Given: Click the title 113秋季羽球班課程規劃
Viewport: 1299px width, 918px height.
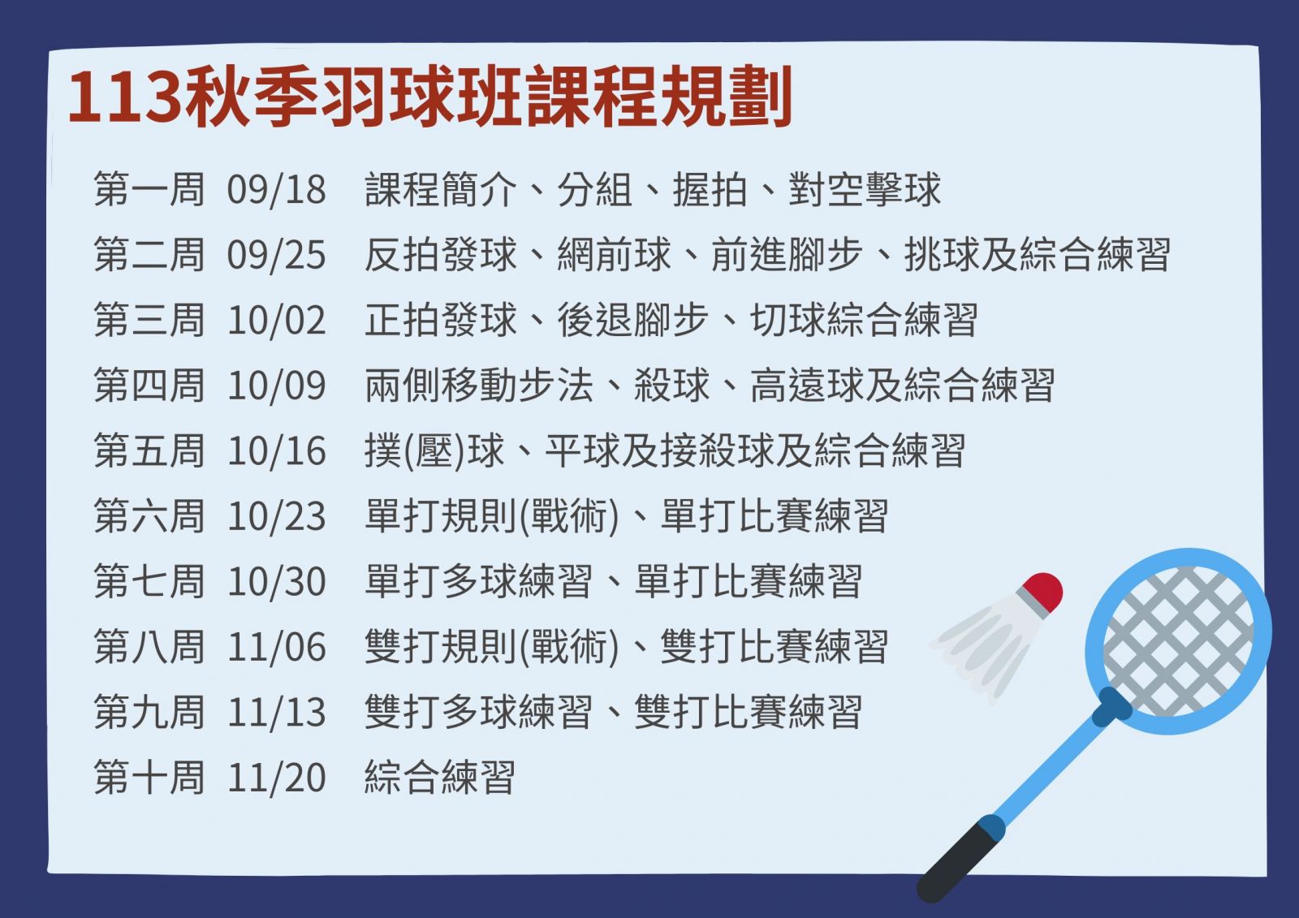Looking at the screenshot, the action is coord(430,97).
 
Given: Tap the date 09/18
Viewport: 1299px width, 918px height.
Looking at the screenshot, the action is coord(276,190).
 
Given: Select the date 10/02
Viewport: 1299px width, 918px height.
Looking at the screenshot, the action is coord(276,320).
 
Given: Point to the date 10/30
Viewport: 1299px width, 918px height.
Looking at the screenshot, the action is coord(276,582).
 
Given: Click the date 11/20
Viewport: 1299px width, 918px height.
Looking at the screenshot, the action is coord(276,778).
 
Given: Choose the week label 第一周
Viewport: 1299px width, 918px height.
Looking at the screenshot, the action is coord(149,190).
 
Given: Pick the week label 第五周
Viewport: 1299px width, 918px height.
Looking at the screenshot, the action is coord(149,450).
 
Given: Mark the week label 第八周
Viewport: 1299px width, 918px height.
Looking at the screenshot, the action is coord(149,647).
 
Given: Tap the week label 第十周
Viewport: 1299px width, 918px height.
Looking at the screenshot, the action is coord(149,778).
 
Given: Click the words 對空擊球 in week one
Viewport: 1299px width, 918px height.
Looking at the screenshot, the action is coord(864,190).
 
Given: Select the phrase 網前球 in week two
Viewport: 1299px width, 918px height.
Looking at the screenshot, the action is coord(614,255).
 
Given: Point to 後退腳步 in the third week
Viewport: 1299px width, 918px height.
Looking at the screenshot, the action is coord(632,320).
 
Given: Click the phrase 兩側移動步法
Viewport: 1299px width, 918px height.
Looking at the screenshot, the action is coord(479,386).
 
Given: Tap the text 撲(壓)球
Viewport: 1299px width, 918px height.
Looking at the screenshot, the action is coord(434,450).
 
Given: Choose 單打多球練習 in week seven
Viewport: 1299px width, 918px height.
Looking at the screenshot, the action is coord(478,582).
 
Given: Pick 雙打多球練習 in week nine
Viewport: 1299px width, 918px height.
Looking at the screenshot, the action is coord(478,712).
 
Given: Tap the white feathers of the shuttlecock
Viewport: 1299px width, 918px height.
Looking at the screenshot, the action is coord(983,646).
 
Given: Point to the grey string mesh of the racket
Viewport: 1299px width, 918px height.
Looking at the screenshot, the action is coord(1178,640).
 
